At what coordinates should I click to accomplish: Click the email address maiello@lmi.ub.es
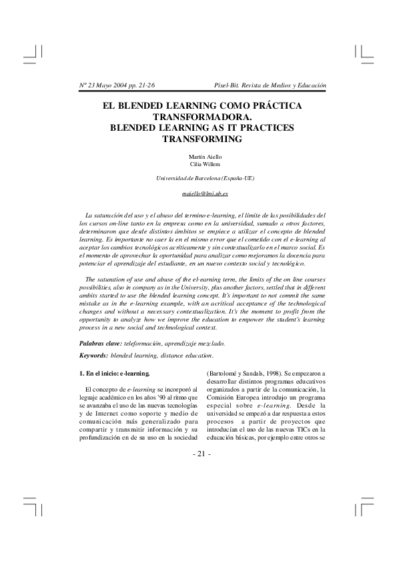(206, 193)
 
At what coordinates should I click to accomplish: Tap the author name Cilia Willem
(204, 165)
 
